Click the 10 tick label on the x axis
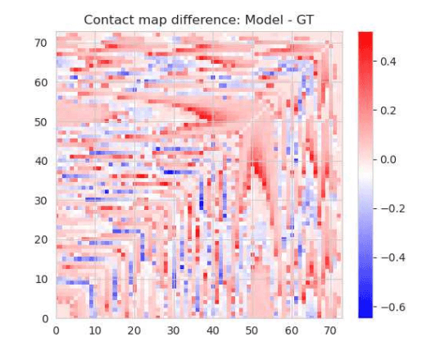(x=95, y=330)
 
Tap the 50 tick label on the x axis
(x=252, y=330)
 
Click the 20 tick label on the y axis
(x=41, y=239)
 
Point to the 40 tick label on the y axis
(x=41, y=161)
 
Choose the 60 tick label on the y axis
(x=41, y=82)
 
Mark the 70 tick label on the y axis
(x=41, y=43)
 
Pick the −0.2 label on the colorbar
(x=392, y=208)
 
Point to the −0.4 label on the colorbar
(x=392, y=257)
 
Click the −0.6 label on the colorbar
(x=392, y=307)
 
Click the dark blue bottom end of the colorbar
(x=365, y=313)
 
